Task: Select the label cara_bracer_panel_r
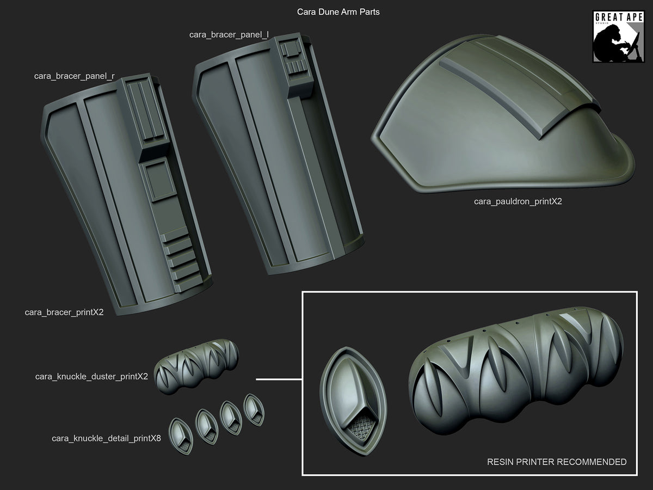pos(74,76)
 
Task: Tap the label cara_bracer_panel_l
pos(229,34)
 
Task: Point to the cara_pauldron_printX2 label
pos(518,201)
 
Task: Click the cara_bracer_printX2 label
pos(64,313)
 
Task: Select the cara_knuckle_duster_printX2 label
pos(91,376)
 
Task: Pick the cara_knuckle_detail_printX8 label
pos(106,438)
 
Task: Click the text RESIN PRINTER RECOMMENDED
pos(556,462)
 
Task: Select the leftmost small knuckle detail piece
pos(180,436)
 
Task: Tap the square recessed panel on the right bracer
pos(157,181)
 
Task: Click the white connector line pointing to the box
pos(279,379)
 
